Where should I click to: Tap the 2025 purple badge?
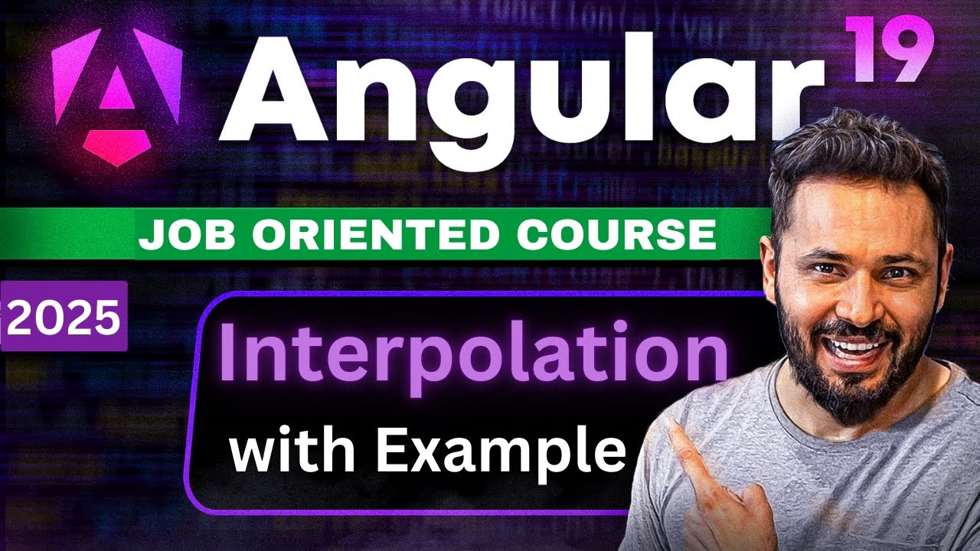(64, 316)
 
